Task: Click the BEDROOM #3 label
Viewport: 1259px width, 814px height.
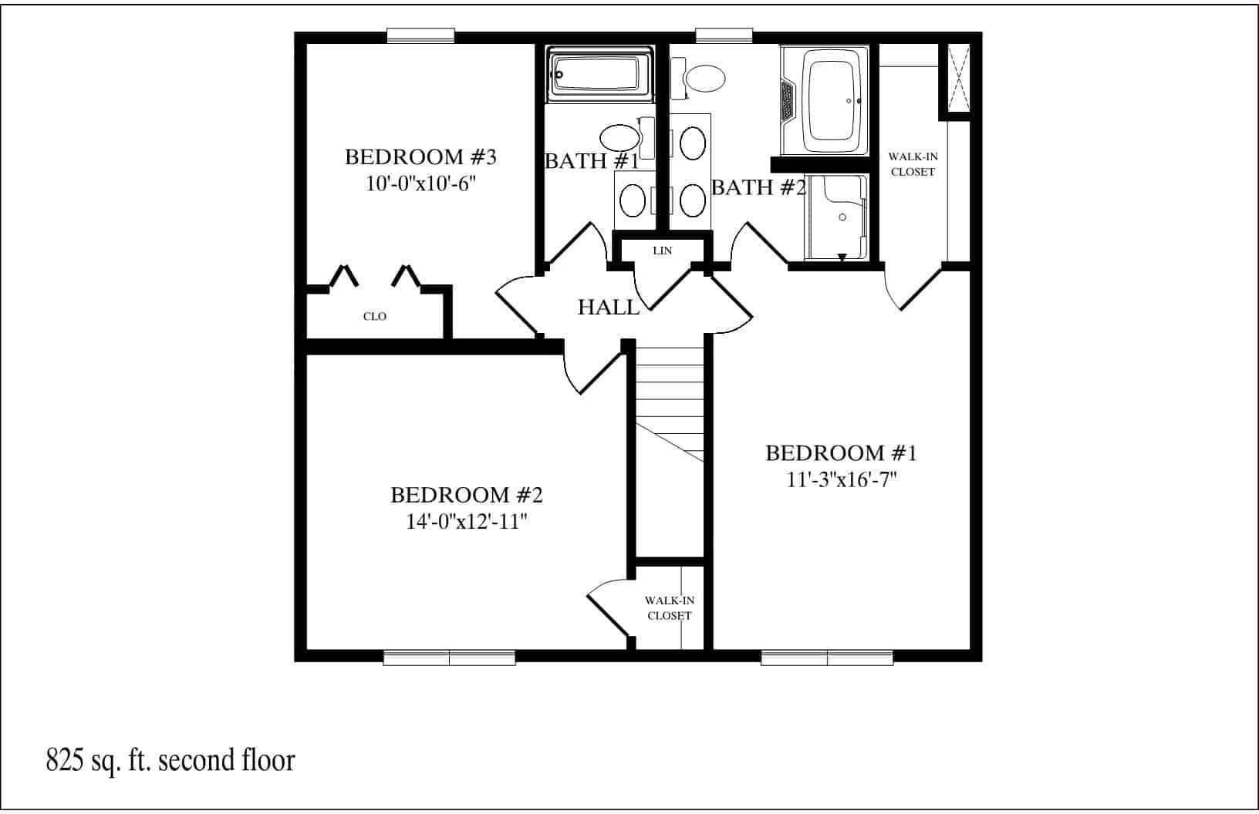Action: coord(420,157)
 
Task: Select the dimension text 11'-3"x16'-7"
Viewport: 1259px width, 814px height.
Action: coord(841,479)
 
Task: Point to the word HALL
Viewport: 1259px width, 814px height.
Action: coord(609,308)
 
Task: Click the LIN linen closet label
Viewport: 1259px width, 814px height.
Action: coord(662,251)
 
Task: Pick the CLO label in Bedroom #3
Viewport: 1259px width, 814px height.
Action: coord(375,317)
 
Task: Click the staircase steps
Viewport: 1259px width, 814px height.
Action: coord(670,401)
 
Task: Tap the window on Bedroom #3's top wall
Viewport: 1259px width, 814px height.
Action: coord(420,35)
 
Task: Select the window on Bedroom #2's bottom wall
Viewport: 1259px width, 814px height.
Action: coord(449,658)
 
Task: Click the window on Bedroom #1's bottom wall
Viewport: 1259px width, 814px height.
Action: coord(827,658)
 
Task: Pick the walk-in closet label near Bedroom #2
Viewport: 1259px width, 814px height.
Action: coord(669,607)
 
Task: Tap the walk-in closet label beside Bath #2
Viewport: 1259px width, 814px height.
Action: coord(913,164)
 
